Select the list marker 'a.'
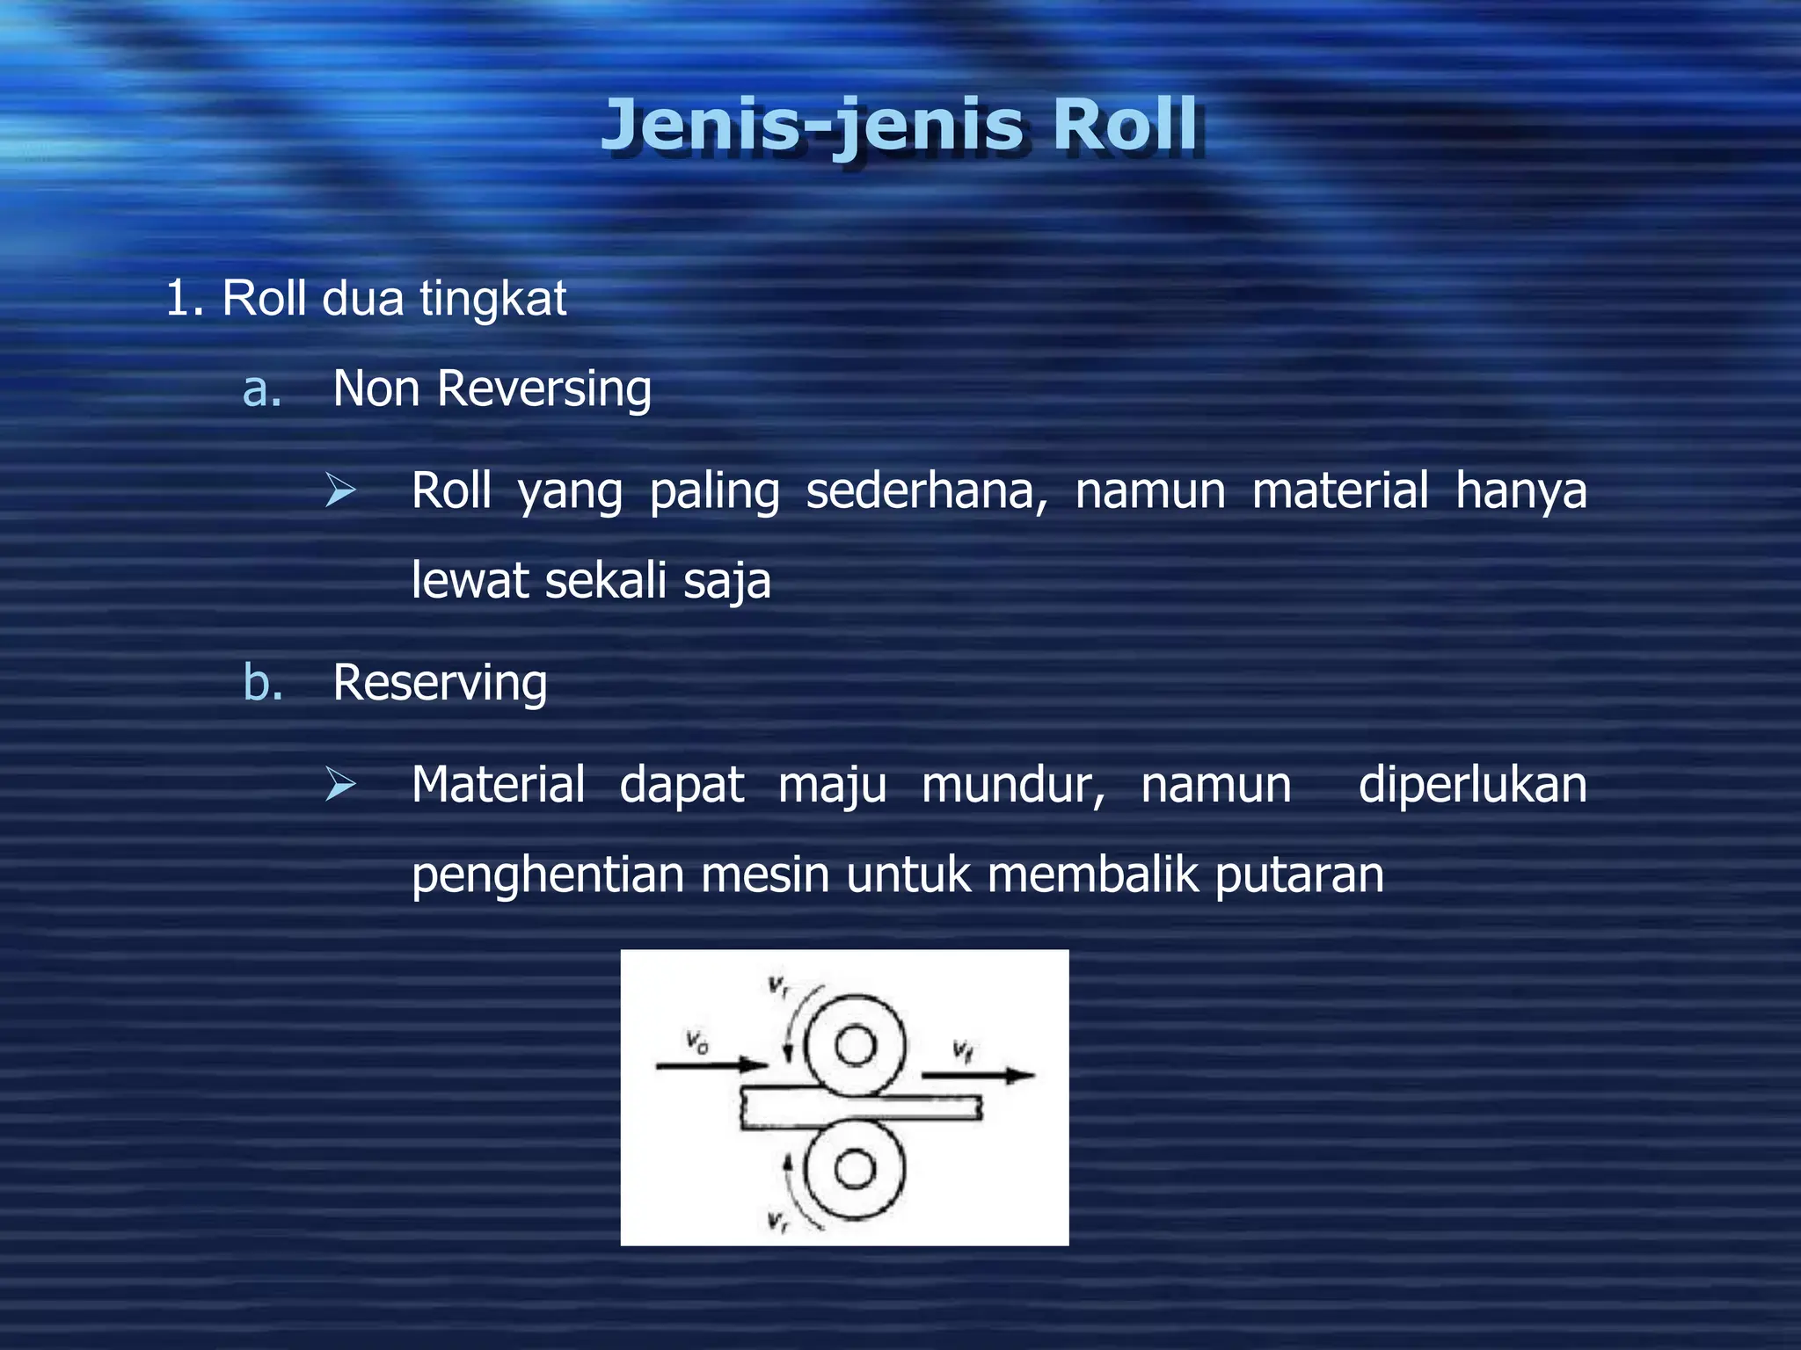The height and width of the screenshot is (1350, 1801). tap(262, 389)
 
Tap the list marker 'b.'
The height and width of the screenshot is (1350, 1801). tap(263, 683)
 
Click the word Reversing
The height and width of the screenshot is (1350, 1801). tap(544, 389)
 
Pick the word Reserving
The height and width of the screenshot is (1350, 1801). tap(440, 683)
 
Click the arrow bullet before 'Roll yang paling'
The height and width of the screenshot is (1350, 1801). tap(340, 490)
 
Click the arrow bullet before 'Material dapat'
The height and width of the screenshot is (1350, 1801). tap(340, 784)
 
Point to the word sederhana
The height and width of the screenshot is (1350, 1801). tap(926, 490)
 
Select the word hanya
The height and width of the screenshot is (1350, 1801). tap(1520, 490)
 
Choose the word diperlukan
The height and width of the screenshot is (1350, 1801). tap(1472, 784)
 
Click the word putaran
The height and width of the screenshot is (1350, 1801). tap(1299, 875)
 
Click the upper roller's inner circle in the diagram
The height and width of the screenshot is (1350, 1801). tap(855, 1046)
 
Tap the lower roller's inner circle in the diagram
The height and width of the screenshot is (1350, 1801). tap(855, 1169)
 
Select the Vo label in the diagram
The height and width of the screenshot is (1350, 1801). tap(697, 1043)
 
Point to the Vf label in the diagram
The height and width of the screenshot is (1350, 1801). tap(963, 1049)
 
